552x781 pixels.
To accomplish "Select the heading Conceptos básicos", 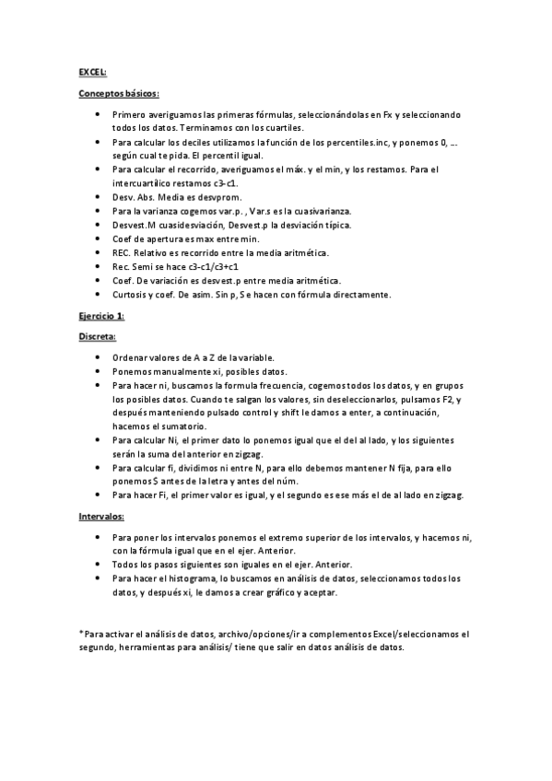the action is [x=118, y=93].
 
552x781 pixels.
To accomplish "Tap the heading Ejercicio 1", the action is [x=101, y=316].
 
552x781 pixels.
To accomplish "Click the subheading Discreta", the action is [x=97, y=337].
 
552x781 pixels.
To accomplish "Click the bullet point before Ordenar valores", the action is [x=98, y=357].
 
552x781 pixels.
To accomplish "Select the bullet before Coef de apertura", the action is [x=98, y=239].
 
